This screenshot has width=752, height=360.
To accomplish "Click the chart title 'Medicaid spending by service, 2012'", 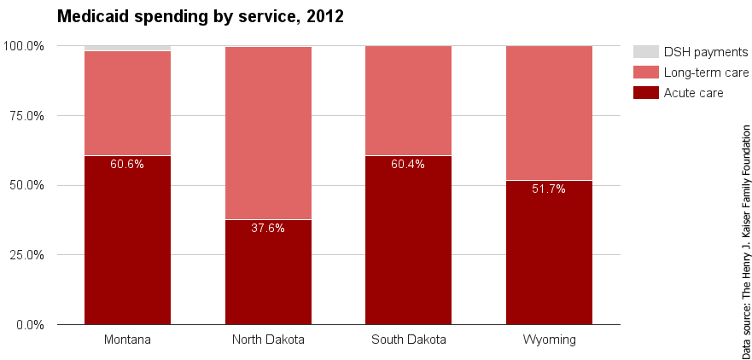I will pyautogui.click(x=200, y=16).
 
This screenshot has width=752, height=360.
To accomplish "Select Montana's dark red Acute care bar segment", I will pyautogui.click(x=127, y=247).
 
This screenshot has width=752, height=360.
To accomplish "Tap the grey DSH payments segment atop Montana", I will pyautogui.click(x=127, y=48).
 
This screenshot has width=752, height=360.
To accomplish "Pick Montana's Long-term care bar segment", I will pyautogui.click(x=127, y=103).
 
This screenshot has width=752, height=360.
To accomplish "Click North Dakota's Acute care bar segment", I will pyautogui.click(x=268, y=272).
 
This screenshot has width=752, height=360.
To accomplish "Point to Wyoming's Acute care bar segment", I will pyautogui.click(x=549, y=256).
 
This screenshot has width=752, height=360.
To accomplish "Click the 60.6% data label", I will pyautogui.click(x=127, y=165).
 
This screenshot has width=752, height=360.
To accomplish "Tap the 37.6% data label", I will pyautogui.click(x=268, y=228).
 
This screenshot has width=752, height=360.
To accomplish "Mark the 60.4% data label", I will pyautogui.click(x=408, y=165).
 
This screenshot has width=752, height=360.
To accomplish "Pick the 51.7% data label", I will pyautogui.click(x=549, y=189).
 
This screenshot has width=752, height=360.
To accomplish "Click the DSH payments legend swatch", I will pyautogui.click(x=646, y=52).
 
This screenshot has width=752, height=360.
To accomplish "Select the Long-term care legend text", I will pyautogui.click(x=706, y=73).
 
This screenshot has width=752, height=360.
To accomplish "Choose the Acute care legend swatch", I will pyautogui.click(x=646, y=92).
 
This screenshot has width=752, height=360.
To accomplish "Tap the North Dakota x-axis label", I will pyautogui.click(x=268, y=340).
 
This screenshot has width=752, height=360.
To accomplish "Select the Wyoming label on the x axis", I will pyautogui.click(x=549, y=340).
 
